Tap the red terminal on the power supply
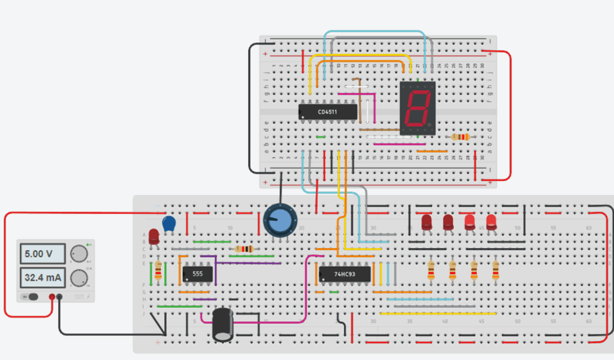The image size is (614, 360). tap(52, 297)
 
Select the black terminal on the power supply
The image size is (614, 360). tap(59, 297)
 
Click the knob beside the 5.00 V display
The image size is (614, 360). tap(79, 254)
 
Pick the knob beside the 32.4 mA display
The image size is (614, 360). tap(79, 277)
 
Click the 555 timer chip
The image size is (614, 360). tap(198, 274)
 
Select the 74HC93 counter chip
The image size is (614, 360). tap(344, 275)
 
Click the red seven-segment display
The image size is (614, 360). tap(418, 107)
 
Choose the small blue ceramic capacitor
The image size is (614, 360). tap(169, 223)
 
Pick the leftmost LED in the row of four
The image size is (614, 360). tap(427, 221)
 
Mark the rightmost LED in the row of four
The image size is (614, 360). tap(491, 221)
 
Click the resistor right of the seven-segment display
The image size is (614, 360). tap(460, 137)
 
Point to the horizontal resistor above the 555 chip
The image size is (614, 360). tap(243, 249)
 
